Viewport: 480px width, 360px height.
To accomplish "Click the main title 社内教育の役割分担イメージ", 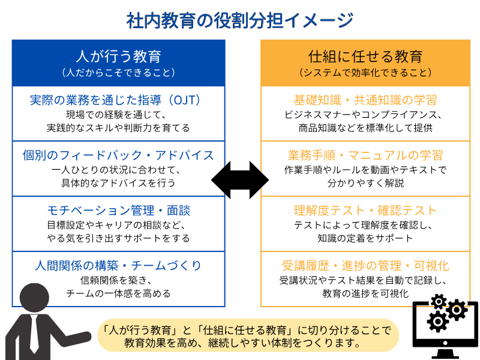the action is [240, 20].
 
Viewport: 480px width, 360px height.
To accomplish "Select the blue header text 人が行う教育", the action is [118, 56].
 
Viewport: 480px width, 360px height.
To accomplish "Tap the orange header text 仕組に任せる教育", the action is [365, 56].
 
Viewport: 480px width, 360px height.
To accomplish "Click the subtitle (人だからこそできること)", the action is [118, 73].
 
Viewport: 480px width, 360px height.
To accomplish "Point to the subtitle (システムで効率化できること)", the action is [365, 73].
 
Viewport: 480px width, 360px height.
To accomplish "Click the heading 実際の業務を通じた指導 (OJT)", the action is [116, 100].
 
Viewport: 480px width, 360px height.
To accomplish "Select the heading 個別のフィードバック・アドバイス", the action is [118, 155].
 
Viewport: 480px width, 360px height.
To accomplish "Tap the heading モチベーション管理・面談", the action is [119, 211].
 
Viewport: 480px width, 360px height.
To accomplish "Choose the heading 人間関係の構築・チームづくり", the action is [118, 265].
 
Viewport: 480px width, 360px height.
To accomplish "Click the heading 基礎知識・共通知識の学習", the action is [365, 100].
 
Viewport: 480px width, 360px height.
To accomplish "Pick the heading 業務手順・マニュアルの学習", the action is [365, 155].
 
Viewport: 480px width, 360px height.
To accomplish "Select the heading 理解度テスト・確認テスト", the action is [365, 211].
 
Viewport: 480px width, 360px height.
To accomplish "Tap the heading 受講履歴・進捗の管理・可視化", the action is [365, 265].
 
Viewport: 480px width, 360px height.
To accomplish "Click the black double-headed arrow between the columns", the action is [240, 180].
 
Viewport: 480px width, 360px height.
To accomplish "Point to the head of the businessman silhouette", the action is [34, 298].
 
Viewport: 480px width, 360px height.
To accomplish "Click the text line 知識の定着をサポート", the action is [365, 238].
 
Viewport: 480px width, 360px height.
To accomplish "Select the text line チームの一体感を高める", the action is [118, 293].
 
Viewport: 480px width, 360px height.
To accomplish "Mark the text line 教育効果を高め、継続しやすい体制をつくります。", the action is [242, 343].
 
